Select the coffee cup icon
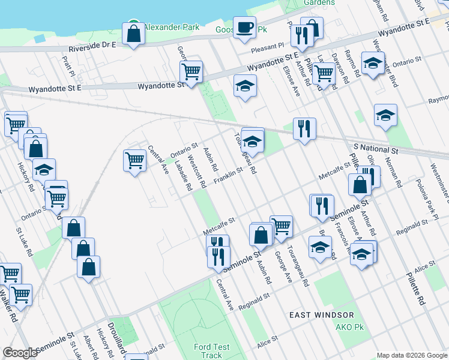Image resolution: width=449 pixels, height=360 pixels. tap(244, 28)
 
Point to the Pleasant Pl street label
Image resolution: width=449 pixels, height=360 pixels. tap(268, 46)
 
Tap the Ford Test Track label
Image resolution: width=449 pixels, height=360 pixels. tap(211, 351)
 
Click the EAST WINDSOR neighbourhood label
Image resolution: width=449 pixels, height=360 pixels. tap(321, 315)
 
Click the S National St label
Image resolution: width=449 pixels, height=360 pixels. tap(376, 148)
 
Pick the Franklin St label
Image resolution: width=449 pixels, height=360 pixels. tap(228, 174)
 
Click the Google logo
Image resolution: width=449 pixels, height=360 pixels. tap(20, 353)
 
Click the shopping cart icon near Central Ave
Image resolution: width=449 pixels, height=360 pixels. tap(134, 160)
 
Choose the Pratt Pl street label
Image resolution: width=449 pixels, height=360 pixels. tap(67, 66)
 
